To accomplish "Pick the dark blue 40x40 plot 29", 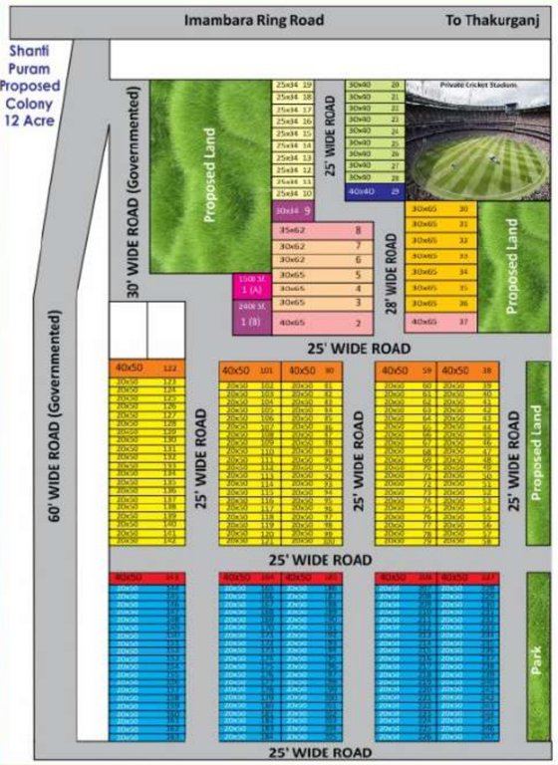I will click(x=374, y=189).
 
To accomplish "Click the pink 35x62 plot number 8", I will click(x=324, y=230).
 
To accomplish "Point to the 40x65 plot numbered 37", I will click(x=439, y=322).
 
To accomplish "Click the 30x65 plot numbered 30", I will click(x=439, y=209).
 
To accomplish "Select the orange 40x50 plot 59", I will click(x=407, y=371).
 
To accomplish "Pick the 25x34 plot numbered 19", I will click(x=293, y=86).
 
